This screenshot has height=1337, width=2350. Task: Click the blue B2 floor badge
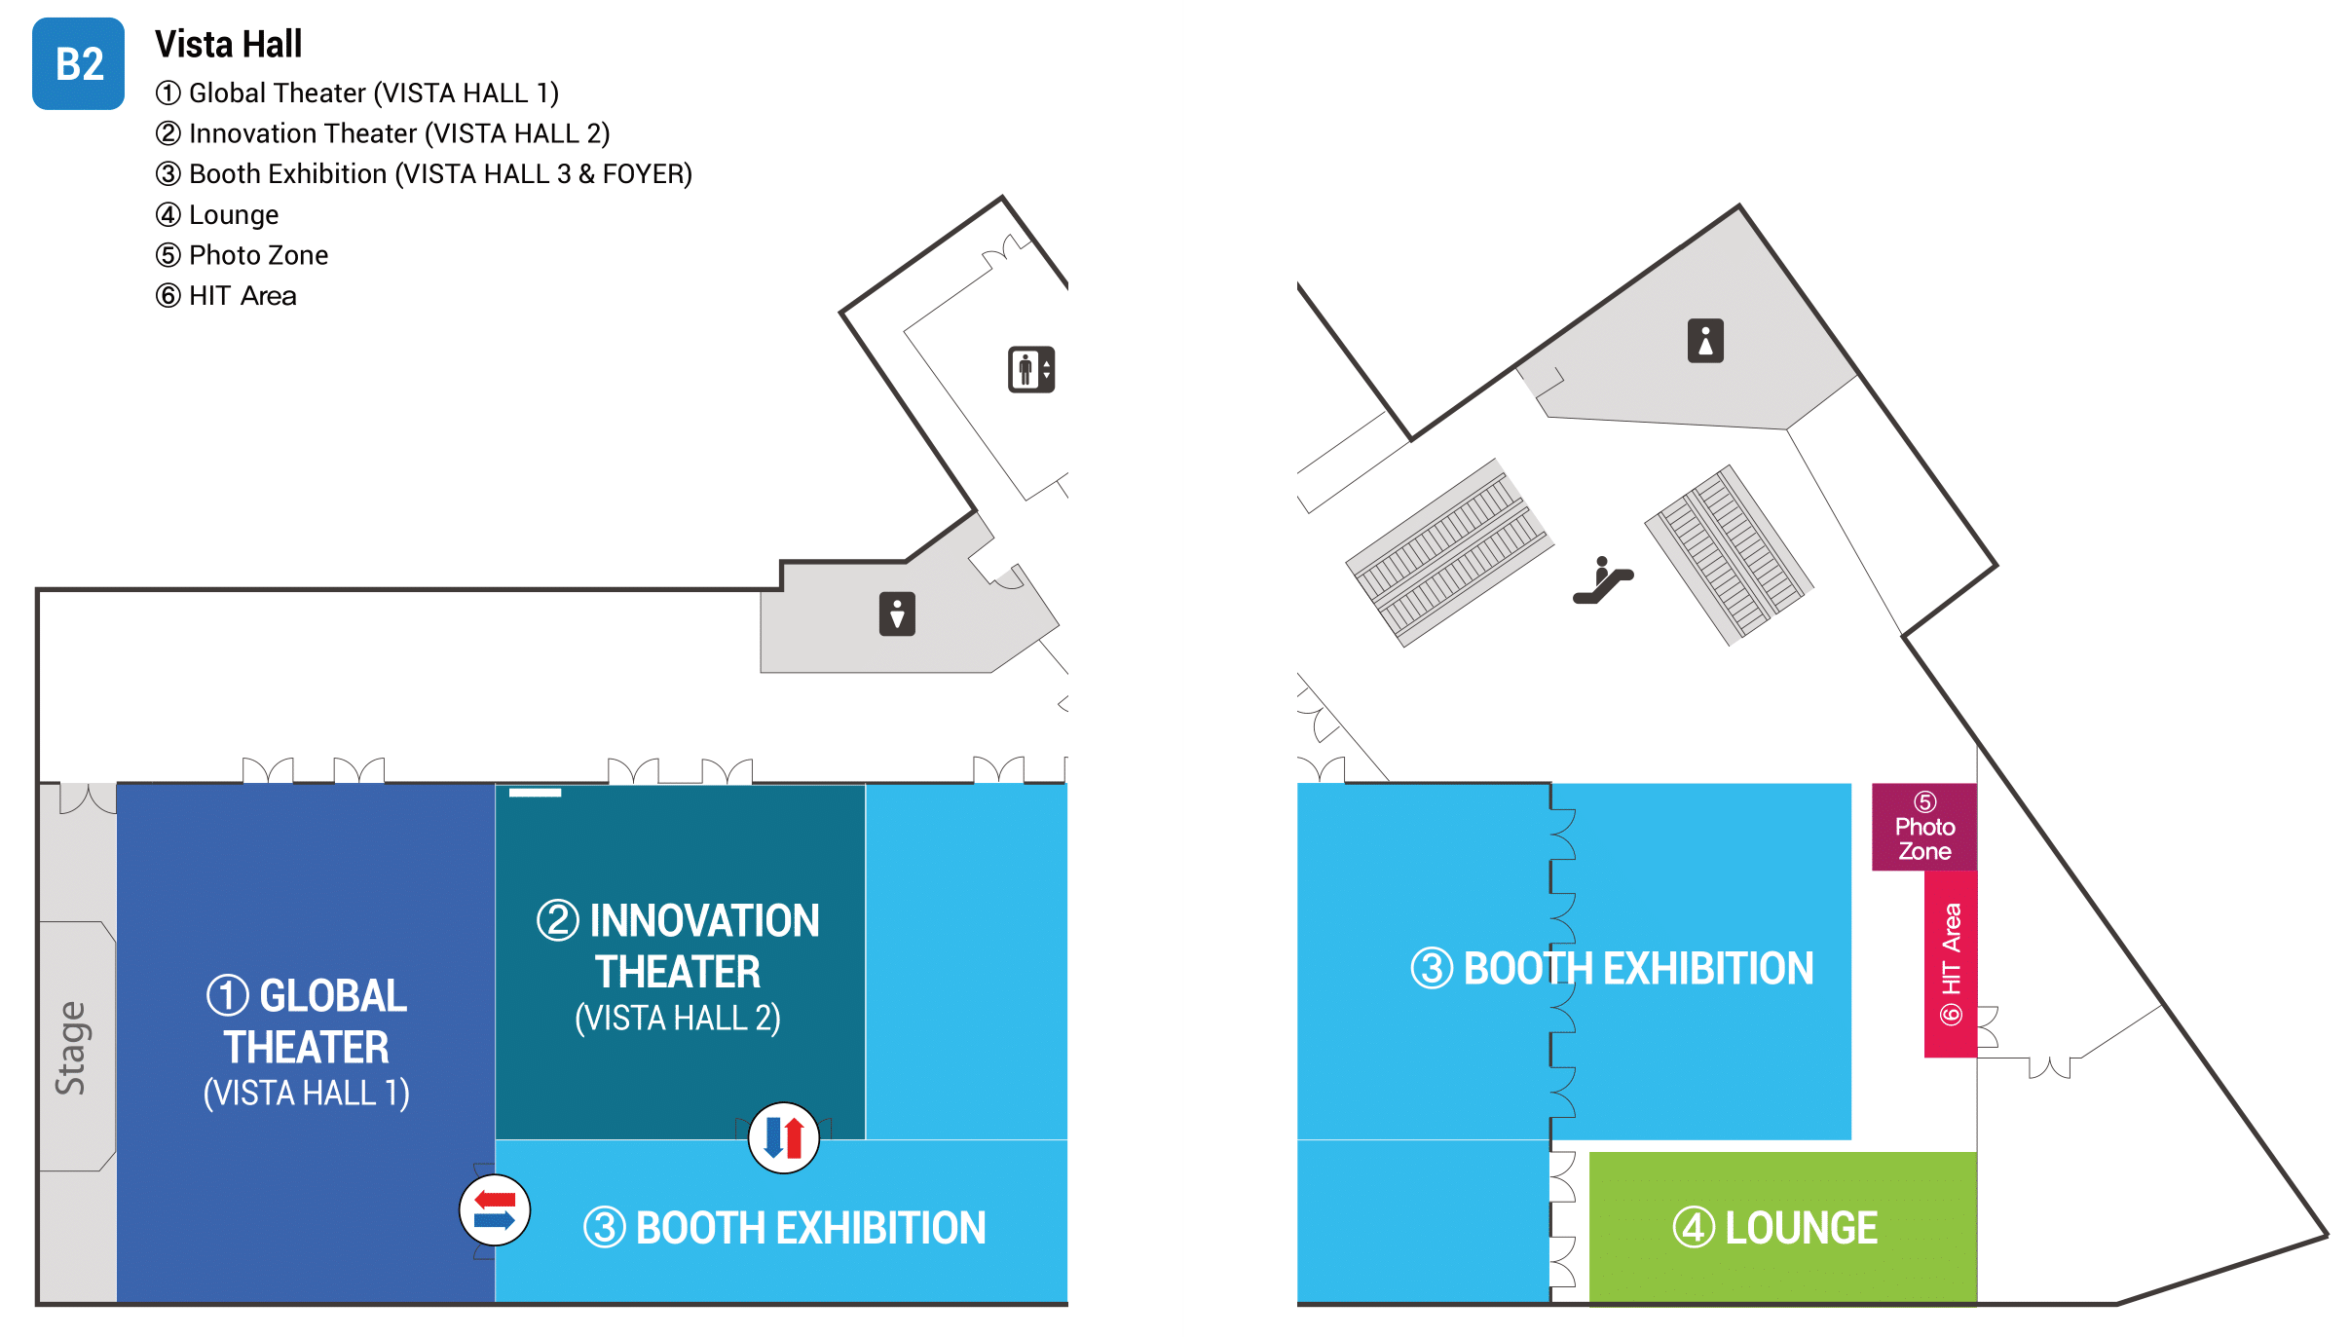click(x=78, y=63)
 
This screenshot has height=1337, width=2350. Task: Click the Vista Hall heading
click(x=228, y=45)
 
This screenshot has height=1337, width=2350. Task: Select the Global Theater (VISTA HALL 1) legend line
click(x=356, y=93)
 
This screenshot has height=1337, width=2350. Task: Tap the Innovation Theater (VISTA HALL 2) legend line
click(x=383, y=133)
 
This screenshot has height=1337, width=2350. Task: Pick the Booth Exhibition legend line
click(x=424, y=174)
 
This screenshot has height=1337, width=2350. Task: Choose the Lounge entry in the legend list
click(x=217, y=215)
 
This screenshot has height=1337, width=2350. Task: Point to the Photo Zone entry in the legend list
click(x=242, y=255)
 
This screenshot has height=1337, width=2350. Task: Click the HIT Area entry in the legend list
click(x=226, y=296)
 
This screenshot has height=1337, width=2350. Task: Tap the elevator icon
click(x=1030, y=370)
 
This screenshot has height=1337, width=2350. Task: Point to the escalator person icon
click(x=1603, y=580)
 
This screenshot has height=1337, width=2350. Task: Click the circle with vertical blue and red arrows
click(x=784, y=1137)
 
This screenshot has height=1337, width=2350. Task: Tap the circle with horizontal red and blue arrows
click(x=495, y=1210)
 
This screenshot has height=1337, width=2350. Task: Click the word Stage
click(x=71, y=1048)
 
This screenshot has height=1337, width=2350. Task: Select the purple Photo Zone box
click(x=1924, y=827)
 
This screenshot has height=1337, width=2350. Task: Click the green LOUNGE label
click(x=1775, y=1228)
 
